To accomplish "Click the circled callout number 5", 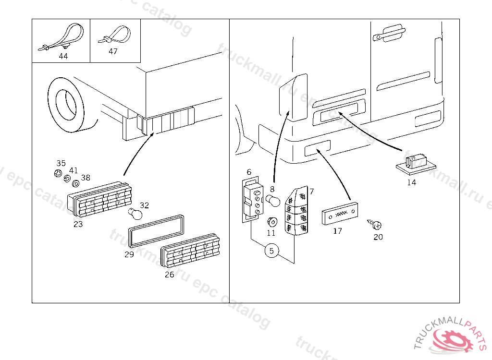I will (x=271, y=250).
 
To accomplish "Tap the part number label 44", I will (x=63, y=56).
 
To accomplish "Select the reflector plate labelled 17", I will (x=340, y=214).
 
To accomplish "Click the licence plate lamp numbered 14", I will (x=416, y=162).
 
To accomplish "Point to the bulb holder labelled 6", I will (x=253, y=201).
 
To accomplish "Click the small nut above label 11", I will (x=271, y=222).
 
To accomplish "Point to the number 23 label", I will (x=78, y=224).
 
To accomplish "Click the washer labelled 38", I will (x=76, y=183).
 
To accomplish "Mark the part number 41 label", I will (x=73, y=170).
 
